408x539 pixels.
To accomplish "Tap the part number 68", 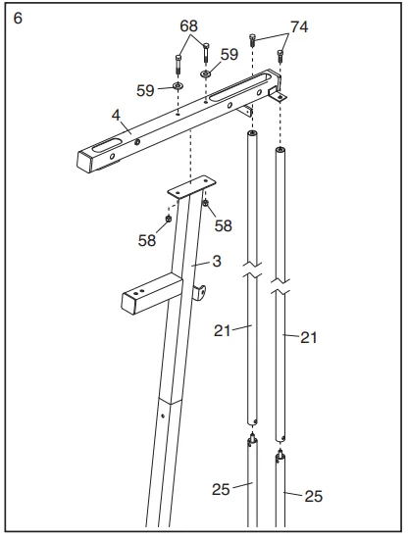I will point(188,24).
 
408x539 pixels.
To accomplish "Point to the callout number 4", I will point(115,116).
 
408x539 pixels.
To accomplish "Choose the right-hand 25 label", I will point(313,496).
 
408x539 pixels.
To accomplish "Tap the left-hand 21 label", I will point(223,329).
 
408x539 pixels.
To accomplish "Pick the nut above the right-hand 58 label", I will point(207,204).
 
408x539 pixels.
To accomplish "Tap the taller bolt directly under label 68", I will point(179,66).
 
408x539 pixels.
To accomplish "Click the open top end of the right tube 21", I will point(280,152).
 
